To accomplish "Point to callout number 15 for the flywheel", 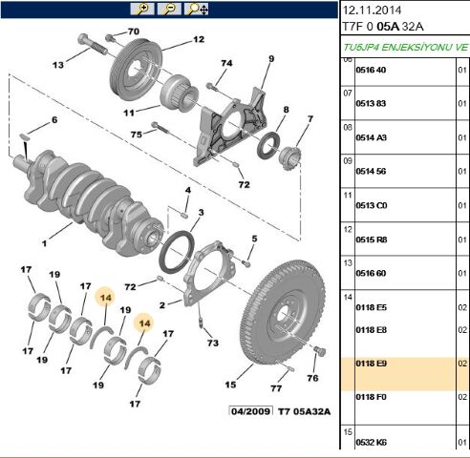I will [x=230, y=385].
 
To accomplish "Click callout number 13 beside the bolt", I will [x=57, y=65].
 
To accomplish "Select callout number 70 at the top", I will [x=133, y=32].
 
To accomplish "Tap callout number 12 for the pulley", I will [x=199, y=40].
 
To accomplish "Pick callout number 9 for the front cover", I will [x=270, y=60].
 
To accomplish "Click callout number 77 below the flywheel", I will [x=276, y=388].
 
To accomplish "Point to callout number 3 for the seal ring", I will [x=201, y=212].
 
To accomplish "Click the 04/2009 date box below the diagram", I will [x=250, y=412].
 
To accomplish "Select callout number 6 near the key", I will [x=54, y=120].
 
